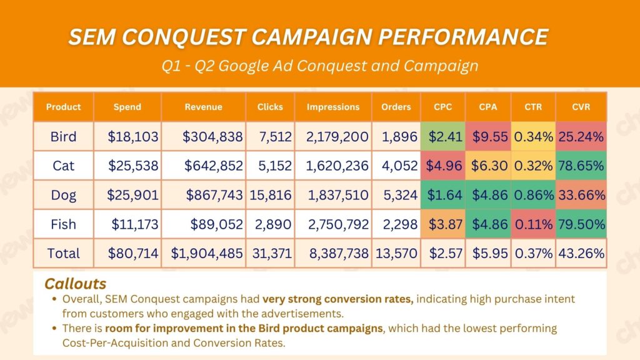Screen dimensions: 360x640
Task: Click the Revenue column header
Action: point(203,107)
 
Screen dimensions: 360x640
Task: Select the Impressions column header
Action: point(333,107)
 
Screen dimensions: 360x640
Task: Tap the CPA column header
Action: point(488,107)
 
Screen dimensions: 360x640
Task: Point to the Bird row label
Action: point(64,136)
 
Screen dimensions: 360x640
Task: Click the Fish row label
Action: point(64,224)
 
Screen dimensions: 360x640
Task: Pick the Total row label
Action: point(64,253)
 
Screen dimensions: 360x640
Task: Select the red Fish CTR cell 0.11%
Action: point(533,224)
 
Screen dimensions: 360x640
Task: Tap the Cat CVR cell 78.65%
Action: point(582,166)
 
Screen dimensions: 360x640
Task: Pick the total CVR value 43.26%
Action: point(582,253)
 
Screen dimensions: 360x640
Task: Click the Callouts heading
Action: point(75,284)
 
